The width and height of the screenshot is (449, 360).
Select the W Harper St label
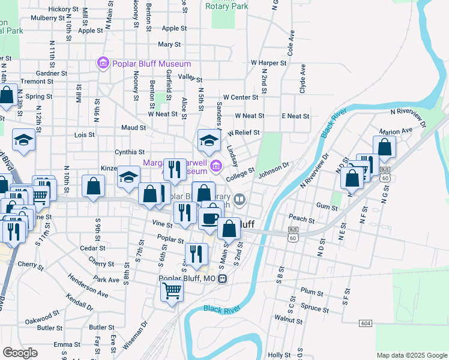tap(268, 62)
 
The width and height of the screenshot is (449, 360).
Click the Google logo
tap(20, 353)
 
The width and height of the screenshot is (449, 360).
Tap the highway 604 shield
tap(366, 323)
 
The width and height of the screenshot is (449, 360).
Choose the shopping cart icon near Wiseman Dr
tap(172, 292)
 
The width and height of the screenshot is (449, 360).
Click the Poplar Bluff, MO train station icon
tap(222, 278)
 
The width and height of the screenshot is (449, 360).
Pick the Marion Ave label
tap(396, 130)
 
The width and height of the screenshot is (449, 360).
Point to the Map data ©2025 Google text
tap(411, 355)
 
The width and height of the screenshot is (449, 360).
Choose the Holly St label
tap(279, 355)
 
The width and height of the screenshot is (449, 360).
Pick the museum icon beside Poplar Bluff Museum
tap(102, 63)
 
